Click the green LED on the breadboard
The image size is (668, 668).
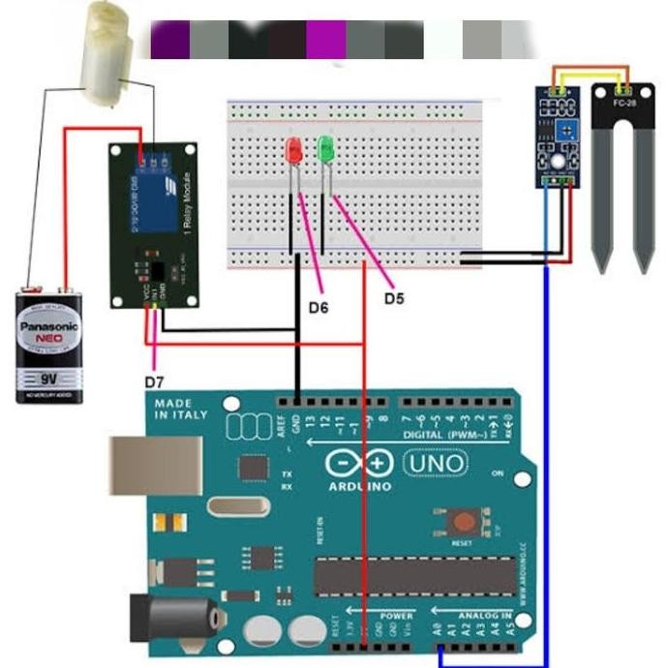[x=325, y=150]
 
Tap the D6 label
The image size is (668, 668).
[x=319, y=308]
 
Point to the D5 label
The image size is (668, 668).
[x=393, y=298]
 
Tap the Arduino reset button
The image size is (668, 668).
[x=461, y=524]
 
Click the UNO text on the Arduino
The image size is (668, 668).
[x=434, y=465]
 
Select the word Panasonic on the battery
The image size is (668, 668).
[x=48, y=325]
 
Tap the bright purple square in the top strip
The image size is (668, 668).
[x=325, y=40]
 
